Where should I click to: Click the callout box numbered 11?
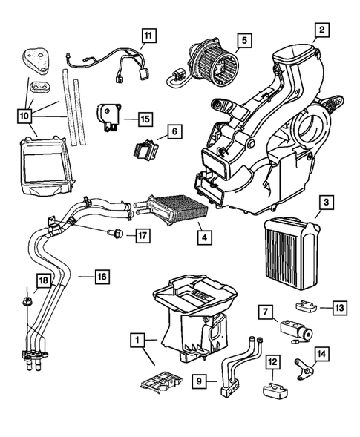[148, 35]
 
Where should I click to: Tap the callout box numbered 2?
[321, 30]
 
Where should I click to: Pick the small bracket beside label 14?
[303, 367]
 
